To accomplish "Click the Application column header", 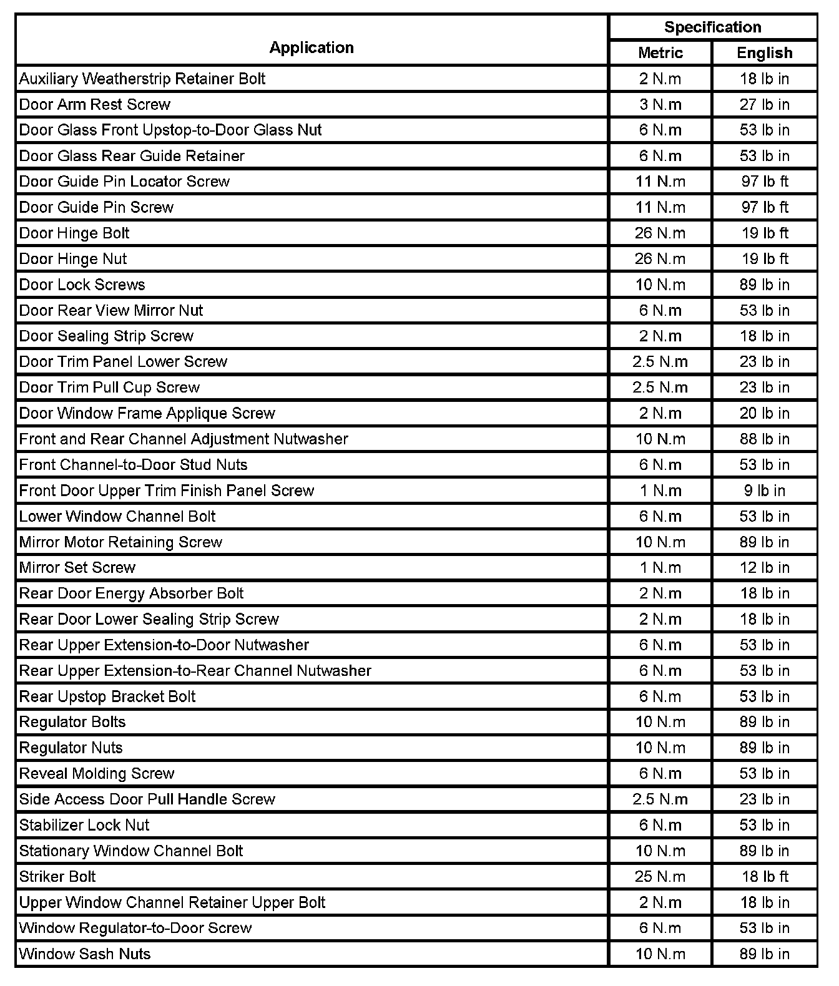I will (312, 47).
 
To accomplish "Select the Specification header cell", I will (712, 27).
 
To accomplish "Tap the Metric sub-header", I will (660, 53).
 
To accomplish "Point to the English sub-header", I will (764, 53).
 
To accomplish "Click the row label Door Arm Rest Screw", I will (95, 104).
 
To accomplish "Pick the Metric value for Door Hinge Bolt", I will (660, 233).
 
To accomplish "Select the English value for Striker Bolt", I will (765, 876).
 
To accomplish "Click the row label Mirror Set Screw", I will (77, 567).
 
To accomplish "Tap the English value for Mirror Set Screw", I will (765, 567).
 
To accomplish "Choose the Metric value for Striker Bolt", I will (660, 876).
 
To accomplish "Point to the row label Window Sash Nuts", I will (85, 954).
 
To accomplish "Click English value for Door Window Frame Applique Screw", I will (765, 413).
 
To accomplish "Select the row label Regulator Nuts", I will (71, 748).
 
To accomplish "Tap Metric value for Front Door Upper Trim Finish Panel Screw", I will (660, 491).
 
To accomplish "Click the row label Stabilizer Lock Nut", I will (84, 825).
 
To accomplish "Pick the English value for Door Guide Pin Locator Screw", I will (765, 182).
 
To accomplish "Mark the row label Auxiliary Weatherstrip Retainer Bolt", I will (142, 79).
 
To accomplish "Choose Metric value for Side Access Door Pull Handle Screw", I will (660, 799).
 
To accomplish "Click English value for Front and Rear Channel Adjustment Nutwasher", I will (765, 439).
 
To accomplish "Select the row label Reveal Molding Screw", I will (97, 773).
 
